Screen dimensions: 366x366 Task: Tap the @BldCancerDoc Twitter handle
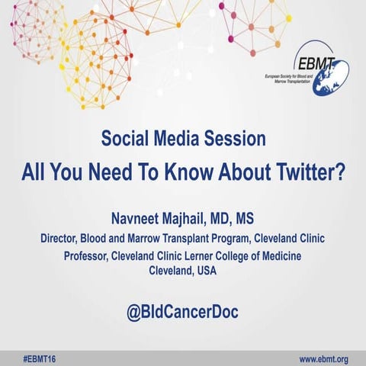click(183, 312)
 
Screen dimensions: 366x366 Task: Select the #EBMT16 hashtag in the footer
click(36, 358)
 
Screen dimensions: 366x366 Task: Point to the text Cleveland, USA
click(183, 271)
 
